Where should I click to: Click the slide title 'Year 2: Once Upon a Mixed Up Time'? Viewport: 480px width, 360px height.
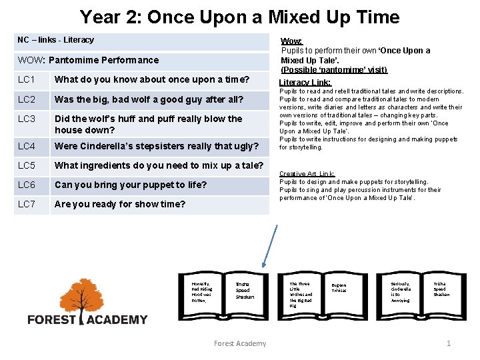coord(239,17)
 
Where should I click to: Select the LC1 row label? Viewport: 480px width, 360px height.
coord(26,80)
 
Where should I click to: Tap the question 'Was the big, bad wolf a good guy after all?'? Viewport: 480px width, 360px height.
coord(149,100)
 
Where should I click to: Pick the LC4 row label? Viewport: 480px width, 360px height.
coord(26,146)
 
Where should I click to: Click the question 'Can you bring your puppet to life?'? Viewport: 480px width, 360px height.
coord(131,185)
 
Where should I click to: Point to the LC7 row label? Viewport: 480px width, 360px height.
coord(26,204)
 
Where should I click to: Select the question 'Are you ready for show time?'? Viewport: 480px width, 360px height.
coord(120,204)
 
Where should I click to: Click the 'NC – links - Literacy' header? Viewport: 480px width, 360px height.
coord(56,40)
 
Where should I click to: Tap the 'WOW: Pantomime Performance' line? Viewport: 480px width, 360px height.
coord(89,60)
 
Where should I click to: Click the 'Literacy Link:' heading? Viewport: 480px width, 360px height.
coord(305,83)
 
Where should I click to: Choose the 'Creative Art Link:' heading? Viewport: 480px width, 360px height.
coord(307,173)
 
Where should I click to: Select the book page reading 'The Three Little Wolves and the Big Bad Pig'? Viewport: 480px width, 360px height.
coord(301,294)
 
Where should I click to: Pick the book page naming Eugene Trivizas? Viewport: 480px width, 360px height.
coord(339,288)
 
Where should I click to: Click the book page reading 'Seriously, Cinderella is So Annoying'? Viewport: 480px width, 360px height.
coord(401,292)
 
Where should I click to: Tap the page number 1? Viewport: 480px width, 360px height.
coord(448,343)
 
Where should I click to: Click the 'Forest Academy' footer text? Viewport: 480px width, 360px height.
coord(239,343)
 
